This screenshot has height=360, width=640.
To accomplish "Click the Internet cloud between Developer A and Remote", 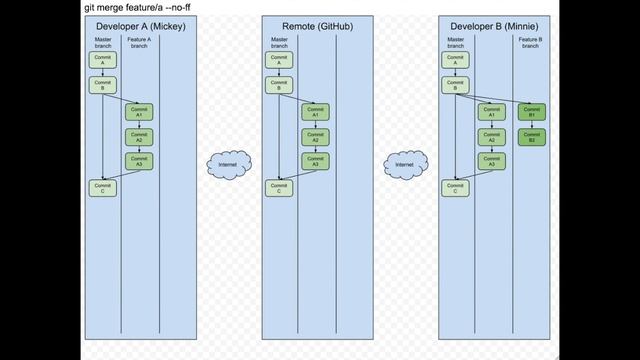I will (228, 163).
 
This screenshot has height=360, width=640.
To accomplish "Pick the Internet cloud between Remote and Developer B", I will (405, 163).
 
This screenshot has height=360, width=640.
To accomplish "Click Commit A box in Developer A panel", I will (102, 60).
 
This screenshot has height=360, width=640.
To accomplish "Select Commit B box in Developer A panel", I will (102, 85).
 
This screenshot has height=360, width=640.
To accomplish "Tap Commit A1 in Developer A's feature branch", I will (139, 111).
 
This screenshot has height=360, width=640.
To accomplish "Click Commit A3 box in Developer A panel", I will (139, 160).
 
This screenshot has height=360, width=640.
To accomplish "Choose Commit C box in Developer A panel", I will (102, 187).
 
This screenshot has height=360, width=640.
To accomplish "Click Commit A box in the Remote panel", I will (279, 60).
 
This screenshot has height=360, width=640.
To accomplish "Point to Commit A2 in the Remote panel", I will (315, 136).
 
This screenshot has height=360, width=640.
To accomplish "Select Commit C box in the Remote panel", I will (279, 187).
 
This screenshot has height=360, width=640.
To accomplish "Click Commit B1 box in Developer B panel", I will (531, 111).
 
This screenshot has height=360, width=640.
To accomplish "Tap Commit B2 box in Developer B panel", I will (531, 137).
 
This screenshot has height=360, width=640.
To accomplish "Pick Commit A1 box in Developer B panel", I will (491, 111).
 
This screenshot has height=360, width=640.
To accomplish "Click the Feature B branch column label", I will (531, 42).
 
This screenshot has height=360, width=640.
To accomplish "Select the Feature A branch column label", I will (139, 42).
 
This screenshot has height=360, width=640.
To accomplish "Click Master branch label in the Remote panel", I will (279, 42).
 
